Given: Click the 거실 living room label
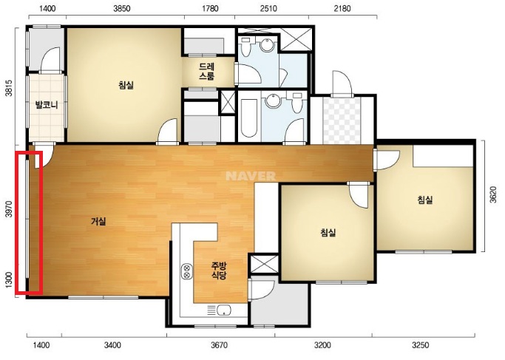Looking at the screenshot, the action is point(98,221).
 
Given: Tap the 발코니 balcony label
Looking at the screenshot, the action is point(47,105).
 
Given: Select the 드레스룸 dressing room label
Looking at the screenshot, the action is point(206,72).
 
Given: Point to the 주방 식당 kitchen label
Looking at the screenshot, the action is point(219,270).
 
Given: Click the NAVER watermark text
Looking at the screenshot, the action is point(251,176).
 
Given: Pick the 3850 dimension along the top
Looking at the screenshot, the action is point(122,8).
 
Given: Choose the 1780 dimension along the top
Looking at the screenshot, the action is point(210,8).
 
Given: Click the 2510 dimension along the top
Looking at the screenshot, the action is point(268,8).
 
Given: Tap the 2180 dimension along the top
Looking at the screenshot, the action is point(342,8).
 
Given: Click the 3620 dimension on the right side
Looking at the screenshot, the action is point(493,194).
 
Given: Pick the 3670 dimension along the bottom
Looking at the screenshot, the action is point(219,345).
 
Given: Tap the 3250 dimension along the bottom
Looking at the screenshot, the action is point(420,345).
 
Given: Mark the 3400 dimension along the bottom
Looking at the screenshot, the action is point(112,345).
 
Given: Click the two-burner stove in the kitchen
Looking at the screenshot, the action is point(186,271).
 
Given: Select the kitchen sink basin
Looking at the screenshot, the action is point(224,310).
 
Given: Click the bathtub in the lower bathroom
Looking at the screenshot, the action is point(249,118).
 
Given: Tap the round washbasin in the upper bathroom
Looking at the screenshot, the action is point(267,45).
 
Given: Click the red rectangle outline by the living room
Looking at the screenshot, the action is point(29,223).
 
